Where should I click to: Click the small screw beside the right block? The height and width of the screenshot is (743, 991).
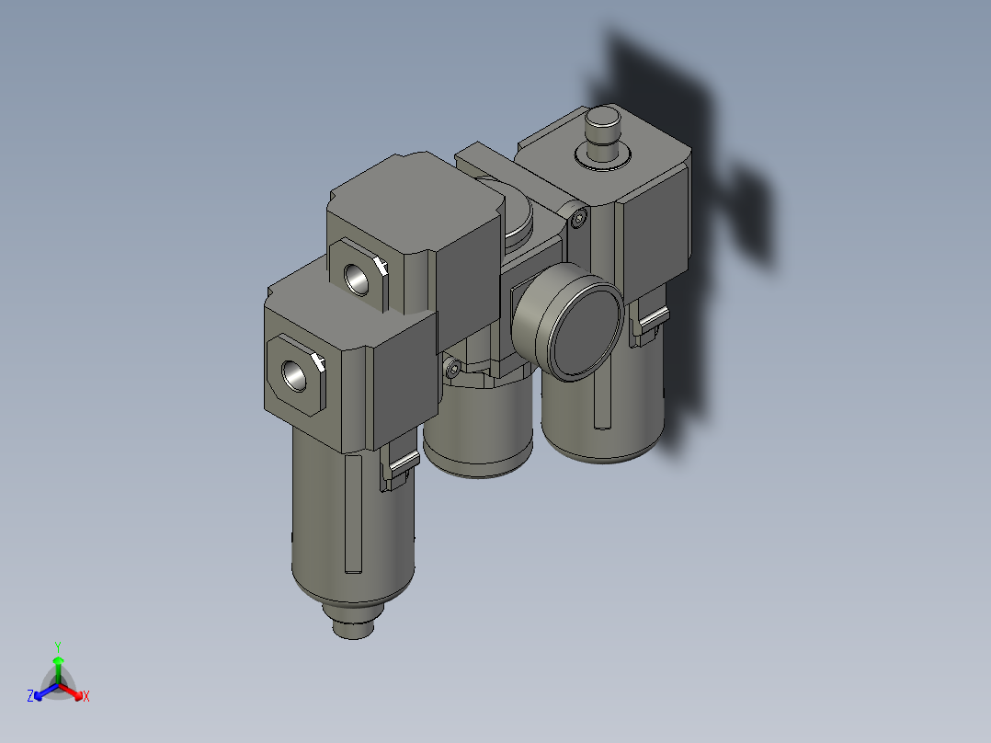pyautogui.click(x=577, y=219)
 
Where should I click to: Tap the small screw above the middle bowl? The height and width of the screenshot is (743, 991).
pyautogui.click(x=451, y=370)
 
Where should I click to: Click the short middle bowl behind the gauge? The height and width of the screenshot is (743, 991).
pyautogui.click(x=478, y=441)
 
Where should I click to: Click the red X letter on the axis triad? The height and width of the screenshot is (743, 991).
pyautogui.click(x=86, y=697)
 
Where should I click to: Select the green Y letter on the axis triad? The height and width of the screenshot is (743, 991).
pyautogui.click(x=57, y=646)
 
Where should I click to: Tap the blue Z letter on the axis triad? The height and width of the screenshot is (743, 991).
pyautogui.click(x=30, y=696)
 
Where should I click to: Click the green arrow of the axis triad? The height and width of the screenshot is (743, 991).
pyautogui.click(x=58, y=664)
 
